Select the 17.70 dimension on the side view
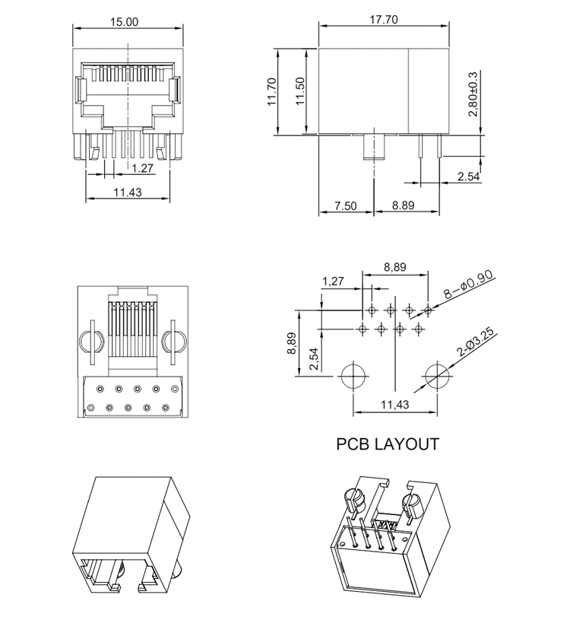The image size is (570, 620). pos(383,21)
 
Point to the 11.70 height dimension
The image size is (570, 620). pos(272,92)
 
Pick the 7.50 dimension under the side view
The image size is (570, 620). pos(345,206)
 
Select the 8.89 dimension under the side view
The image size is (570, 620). pos(407,206)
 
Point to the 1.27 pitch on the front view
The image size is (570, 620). pos(142,167)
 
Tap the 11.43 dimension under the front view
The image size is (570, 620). pos(127,192)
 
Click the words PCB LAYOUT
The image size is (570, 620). pos(388,444)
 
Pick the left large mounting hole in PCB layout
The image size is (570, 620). pos(352,377)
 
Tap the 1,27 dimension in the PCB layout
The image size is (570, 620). pos(332,281)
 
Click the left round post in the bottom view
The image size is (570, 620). pos(89,343)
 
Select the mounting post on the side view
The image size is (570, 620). pos(375,148)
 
